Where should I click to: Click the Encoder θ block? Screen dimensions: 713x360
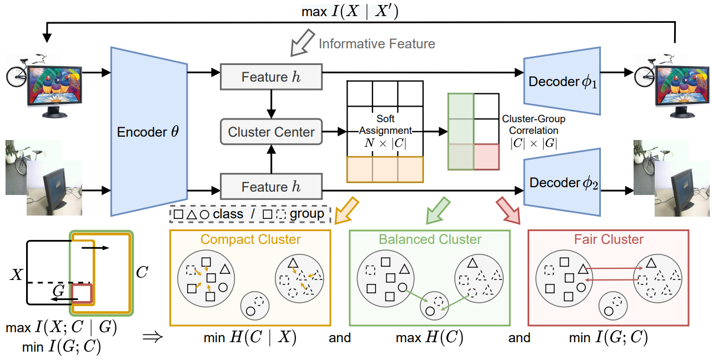click(149, 132)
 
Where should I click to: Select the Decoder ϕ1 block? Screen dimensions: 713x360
click(562, 81)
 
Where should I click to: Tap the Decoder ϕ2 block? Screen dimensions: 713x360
click(562, 182)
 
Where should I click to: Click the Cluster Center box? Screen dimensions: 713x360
click(271, 132)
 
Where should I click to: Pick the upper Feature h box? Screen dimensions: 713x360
click(271, 77)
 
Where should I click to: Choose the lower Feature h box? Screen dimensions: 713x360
click(271, 187)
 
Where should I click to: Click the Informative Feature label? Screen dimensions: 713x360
click(377, 44)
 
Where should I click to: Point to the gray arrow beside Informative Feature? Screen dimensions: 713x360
click(302, 43)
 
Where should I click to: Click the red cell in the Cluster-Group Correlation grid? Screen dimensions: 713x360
click(486, 157)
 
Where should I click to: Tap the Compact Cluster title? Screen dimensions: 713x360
click(250, 239)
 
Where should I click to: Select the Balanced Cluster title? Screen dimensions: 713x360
click(430, 239)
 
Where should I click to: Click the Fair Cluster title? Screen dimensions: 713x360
click(609, 239)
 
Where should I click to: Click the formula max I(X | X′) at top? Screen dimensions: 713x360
click(350, 11)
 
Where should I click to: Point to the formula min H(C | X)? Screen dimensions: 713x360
click(250, 337)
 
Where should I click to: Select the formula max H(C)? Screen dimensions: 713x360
click(429, 337)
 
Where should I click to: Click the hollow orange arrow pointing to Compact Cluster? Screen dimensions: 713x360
click(347, 210)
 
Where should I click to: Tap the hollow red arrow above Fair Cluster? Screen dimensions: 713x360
click(508, 210)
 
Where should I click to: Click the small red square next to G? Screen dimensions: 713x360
click(82, 294)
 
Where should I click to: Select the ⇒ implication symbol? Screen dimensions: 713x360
click(153, 337)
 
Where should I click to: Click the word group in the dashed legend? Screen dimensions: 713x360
click(307, 214)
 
